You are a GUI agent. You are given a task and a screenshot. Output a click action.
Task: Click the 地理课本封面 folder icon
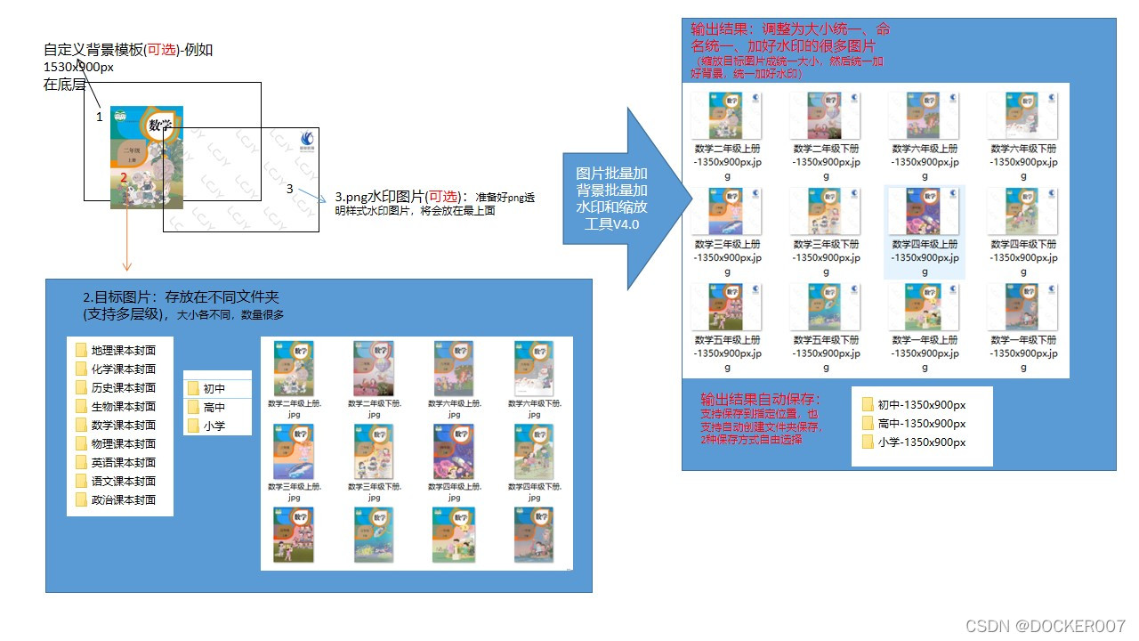(81, 351)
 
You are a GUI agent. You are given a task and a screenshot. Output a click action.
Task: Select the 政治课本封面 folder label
(124, 499)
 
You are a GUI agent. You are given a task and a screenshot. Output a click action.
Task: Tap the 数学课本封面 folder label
(124, 425)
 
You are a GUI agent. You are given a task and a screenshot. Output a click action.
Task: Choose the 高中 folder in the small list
(214, 407)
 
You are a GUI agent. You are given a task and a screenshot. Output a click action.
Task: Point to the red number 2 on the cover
(124, 178)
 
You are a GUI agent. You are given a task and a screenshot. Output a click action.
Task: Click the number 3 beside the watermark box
(290, 189)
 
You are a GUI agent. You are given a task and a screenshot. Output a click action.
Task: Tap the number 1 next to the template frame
(100, 117)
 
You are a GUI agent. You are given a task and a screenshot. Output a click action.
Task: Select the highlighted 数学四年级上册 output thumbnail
(925, 211)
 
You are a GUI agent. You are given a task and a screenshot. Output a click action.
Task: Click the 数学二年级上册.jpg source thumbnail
(295, 368)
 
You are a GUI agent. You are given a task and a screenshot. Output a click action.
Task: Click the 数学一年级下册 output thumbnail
(1023, 307)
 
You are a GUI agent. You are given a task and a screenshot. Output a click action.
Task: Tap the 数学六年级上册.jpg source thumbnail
(454, 368)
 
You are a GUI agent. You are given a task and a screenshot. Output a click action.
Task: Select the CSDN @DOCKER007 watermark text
(1046, 626)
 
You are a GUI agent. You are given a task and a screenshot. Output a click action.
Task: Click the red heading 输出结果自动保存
(760, 399)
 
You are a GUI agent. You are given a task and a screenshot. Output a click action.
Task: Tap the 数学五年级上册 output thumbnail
(727, 307)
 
